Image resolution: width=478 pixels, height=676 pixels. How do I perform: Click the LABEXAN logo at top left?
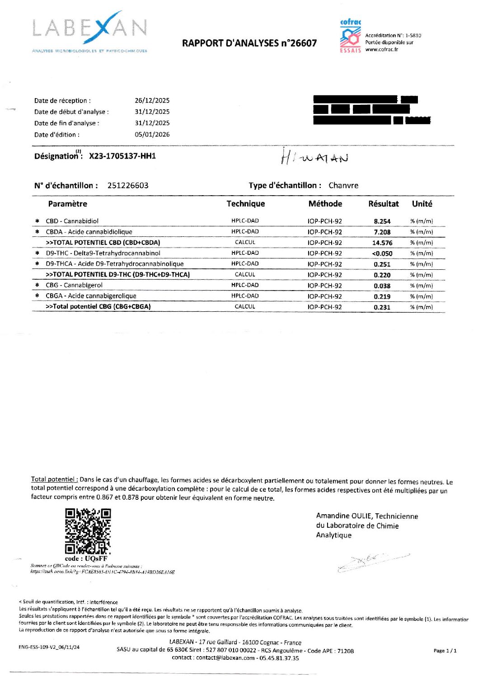pos(89,30)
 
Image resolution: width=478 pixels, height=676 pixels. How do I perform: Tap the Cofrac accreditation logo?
pos(350,36)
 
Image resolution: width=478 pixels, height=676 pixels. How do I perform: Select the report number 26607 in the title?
pos(303,43)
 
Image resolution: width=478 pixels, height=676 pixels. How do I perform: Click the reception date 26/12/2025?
pos(152,101)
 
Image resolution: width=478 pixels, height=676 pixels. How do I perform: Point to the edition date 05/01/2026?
pos(152,135)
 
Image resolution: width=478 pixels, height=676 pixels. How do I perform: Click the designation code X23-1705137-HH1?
pos(122,156)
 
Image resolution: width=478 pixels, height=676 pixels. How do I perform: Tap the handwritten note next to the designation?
pos(314,157)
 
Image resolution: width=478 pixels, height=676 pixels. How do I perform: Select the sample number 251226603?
pos(128,186)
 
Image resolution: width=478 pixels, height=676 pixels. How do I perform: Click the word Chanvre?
pos(343,186)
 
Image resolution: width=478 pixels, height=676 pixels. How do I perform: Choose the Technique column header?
pos(246,204)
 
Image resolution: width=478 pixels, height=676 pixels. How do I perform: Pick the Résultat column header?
pos(384,204)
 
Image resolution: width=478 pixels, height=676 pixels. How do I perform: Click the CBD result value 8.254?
pos(382,221)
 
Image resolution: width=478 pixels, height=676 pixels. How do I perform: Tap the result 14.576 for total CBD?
pos(382,243)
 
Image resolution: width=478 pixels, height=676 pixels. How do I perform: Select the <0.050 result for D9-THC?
pos(382,254)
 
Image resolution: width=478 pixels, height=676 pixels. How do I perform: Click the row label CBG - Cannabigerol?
pos(74,286)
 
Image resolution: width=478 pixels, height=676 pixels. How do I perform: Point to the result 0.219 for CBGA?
pos(382,297)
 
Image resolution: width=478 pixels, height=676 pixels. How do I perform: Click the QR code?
pos(88,531)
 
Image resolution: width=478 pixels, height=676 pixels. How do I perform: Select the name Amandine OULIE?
pos(344,516)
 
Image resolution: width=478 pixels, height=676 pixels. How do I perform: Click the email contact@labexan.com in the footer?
pos(225,658)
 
